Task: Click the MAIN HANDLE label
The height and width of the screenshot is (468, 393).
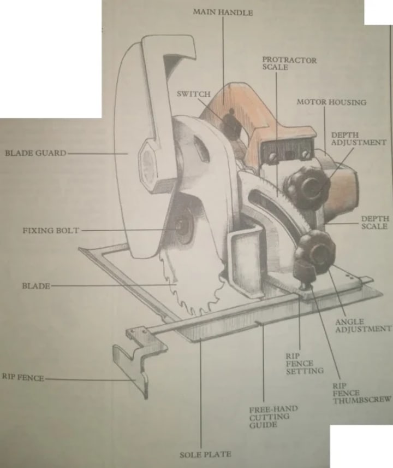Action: pyautogui.click(x=223, y=12)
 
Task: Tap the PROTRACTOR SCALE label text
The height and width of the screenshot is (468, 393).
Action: pyautogui.click(x=289, y=63)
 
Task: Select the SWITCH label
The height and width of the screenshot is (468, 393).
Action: pyautogui.click(x=193, y=94)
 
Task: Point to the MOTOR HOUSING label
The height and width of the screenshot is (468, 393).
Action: pyautogui.click(x=331, y=102)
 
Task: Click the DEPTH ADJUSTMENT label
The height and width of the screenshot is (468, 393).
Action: pyautogui.click(x=359, y=138)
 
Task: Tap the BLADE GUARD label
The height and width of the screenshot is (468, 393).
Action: pyautogui.click(x=35, y=153)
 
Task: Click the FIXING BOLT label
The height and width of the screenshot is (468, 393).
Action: pyautogui.click(x=50, y=231)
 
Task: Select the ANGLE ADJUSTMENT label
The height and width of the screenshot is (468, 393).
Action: pyautogui.click(x=363, y=325)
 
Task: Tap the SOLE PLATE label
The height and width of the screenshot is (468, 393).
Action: pyautogui.click(x=205, y=454)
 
